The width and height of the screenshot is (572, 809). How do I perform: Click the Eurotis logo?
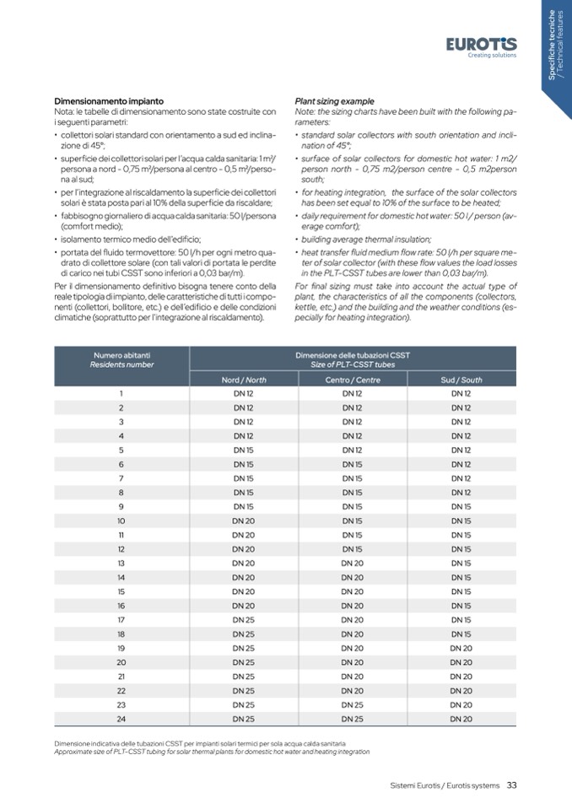coord(482,46)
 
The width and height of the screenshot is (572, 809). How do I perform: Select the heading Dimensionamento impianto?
coord(109,101)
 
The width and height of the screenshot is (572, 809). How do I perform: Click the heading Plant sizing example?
coord(334,101)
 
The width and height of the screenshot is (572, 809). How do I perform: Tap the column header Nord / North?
coord(244,380)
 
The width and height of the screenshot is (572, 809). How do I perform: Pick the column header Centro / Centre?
coord(353,380)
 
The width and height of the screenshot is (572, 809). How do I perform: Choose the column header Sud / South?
coord(461,380)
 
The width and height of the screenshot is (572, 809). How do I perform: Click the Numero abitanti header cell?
coord(122,359)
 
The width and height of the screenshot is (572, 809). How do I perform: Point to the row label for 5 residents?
coord(122,450)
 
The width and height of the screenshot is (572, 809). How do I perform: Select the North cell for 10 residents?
coord(244,520)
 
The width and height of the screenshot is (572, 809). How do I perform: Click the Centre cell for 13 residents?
coord(353,563)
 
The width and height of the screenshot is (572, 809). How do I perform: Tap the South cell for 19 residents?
coord(461,648)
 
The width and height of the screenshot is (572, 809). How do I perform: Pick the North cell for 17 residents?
coord(244,619)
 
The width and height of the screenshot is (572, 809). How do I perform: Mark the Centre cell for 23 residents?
coord(353,704)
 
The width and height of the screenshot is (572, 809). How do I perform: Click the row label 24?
coord(122,719)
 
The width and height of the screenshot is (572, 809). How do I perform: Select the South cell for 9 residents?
coord(461,506)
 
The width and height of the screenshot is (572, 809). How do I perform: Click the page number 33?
coord(511,785)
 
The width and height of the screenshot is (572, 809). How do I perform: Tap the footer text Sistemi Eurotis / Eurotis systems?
coord(445,785)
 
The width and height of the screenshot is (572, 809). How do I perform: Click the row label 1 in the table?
coord(122,393)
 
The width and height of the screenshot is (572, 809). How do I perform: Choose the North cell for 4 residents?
coord(244,435)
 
